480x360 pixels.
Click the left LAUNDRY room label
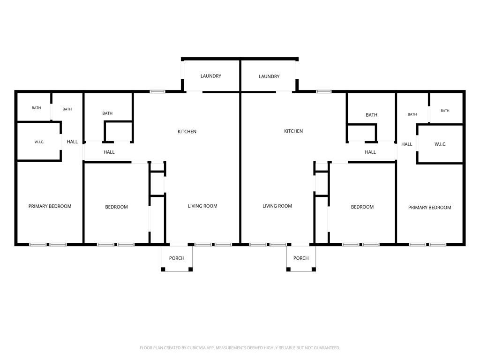click(210, 76)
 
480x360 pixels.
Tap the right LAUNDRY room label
click(269, 76)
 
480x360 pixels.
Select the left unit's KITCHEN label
click(187, 132)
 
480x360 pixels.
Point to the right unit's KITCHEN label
click(293, 131)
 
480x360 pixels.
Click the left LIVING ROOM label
click(202, 206)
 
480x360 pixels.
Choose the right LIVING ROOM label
click(277, 206)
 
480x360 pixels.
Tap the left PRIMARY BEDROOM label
click(50, 206)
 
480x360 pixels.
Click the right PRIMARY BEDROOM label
click(430, 208)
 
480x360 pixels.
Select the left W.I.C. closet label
click(39, 142)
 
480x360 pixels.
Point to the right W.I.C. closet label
click(441, 144)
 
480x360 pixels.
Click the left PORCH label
click(177, 258)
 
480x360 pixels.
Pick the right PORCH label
click(301, 258)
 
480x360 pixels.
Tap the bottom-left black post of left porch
click(163, 270)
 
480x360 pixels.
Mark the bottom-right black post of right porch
click(314, 270)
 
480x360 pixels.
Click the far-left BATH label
click(37, 108)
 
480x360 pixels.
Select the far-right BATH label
click(445, 111)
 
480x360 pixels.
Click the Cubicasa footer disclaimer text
click(240, 348)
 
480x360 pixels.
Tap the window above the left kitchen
click(157, 91)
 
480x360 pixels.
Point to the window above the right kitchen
click(324, 91)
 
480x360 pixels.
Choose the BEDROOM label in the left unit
click(117, 207)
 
